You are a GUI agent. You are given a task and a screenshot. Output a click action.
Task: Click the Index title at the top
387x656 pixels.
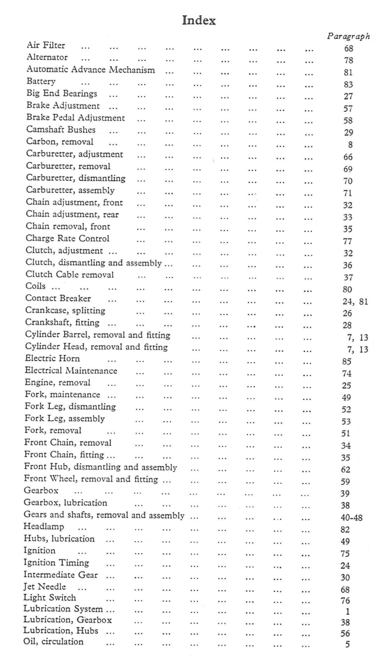tap(199, 21)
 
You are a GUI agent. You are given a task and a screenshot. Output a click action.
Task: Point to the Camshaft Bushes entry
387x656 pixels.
tap(61, 130)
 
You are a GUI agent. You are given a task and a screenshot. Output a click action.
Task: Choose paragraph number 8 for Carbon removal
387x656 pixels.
tap(350, 145)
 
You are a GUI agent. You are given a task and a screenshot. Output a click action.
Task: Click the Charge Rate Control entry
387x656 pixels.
tap(67, 239)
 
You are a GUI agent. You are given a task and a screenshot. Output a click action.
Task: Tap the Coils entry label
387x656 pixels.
tap(36, 287)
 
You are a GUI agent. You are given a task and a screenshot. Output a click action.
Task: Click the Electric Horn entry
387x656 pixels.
tap(52, 359)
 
